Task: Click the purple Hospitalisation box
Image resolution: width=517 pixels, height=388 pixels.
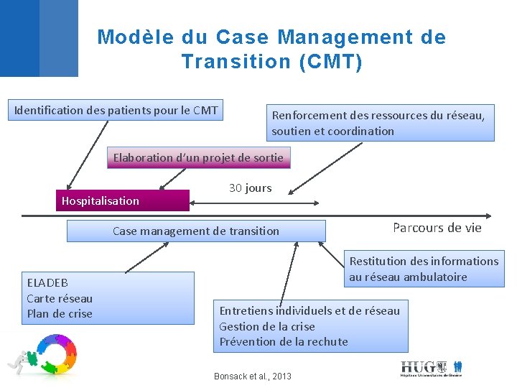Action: (x=123, y=200)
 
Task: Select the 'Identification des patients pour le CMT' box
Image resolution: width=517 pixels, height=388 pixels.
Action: (x=116, y=110)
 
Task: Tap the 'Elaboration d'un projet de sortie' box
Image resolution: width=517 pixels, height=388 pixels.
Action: (x=199, y=157)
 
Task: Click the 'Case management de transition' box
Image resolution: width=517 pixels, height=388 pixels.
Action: (x=196, y=231)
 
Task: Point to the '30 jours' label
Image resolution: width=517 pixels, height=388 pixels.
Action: (x=250, y=188)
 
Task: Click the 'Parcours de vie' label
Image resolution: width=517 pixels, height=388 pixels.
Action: (x=437, y=228)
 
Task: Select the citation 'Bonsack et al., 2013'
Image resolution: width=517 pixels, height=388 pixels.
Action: (x=253, y=376)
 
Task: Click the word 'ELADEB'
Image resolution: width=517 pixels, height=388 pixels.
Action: (x=47, y=282)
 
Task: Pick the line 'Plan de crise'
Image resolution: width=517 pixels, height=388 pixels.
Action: (x=60, y=313)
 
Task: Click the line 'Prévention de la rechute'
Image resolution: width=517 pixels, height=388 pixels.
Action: (x=283, y=341)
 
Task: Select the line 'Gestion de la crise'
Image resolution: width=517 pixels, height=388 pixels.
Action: (x=266, y=326)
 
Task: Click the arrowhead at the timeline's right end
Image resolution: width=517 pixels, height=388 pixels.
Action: (x=488, y=215)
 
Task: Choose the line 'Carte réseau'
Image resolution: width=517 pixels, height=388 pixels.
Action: (x=60, y=298)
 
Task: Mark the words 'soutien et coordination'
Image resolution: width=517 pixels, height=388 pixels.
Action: (x=332, y=131)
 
